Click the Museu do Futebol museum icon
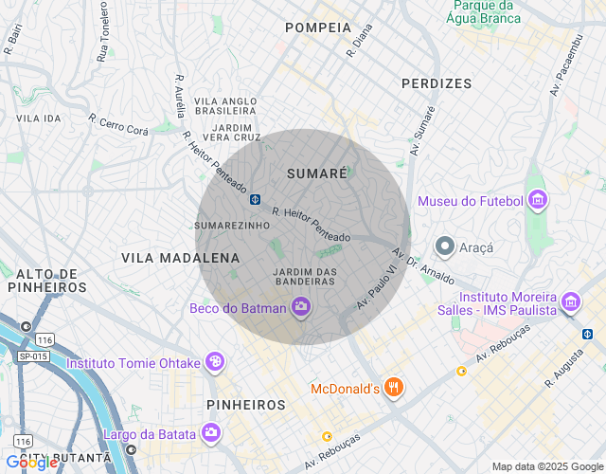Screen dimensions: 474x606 pyautogui.click(x=538, y=200)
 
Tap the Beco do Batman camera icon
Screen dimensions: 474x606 pyautogui.click(x=301, y=306)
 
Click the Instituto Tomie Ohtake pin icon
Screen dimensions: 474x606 pyautogui.click(x=216, y=362)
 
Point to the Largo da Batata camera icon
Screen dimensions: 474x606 pyautogui.click(x=210, y=434)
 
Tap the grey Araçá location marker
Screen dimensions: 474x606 pyautogui.click(x=444, y=246)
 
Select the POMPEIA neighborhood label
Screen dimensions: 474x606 pyautogui.click(x=318, y=27)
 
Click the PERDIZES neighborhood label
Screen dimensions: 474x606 pyautogui.click(x=436, y=83)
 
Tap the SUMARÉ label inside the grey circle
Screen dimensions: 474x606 pyautogui.click(x=315, y=173)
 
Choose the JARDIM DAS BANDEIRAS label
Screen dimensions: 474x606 pyautogui.click(x=305, y=277)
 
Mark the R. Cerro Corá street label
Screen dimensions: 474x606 pyautogui.click(x=118, y=126)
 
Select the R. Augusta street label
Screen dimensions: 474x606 pyautogui.click(x=562, y=371)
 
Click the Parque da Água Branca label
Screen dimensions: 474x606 pyautogui.click(x=484, y=11)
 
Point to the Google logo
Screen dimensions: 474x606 pyautogui.click(x=30, y=463)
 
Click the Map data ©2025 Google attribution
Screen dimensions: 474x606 pyautogui.click(x=547, y=465)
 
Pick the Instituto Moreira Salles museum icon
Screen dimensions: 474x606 pyautogui.click(x=571, y=302)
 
